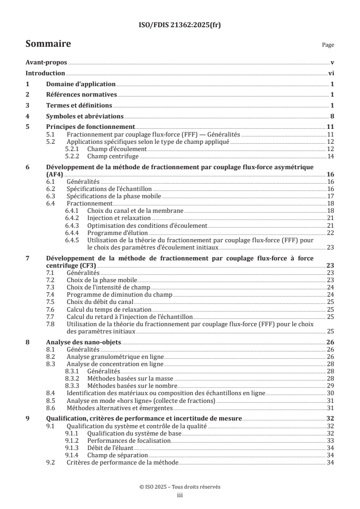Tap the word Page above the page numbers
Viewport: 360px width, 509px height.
328,45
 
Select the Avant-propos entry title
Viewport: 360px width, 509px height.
46,62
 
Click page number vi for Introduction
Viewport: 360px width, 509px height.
331,73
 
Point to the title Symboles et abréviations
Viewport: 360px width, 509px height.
85,116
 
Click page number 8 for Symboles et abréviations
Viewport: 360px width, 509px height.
332,116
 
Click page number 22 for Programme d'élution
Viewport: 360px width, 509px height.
330,233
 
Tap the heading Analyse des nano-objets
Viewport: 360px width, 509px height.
84,343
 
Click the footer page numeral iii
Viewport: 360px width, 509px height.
180,495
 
